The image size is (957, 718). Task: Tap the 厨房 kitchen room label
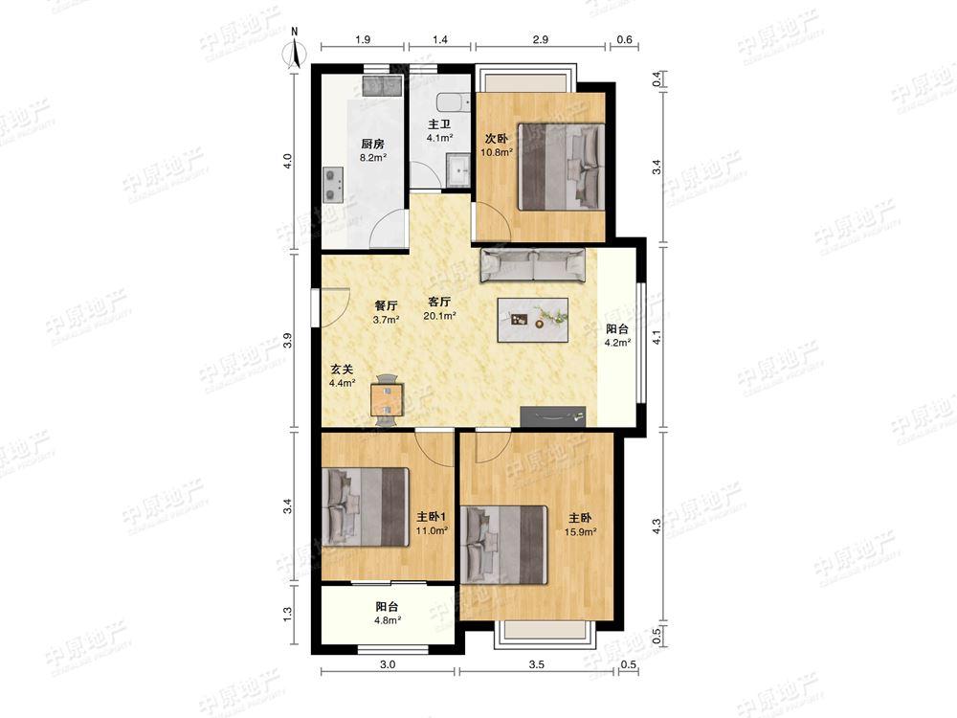point(372,145)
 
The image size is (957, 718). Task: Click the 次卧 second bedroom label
point(496,139)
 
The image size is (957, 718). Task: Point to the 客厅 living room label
point(439,302)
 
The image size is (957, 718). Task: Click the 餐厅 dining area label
point(386,305)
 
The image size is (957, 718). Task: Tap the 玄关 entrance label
point(342,370)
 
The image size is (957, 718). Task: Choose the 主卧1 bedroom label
point(433,517)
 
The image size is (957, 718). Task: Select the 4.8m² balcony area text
point(388,620)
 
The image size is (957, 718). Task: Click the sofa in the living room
point(533,265)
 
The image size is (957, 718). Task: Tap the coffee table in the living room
point(533,320)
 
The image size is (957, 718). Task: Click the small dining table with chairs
point(387,399)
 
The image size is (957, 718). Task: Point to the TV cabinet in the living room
point(553,416)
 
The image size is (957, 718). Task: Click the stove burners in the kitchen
point(332,185)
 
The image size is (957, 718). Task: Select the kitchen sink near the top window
point(383,86)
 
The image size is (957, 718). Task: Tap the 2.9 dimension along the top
point(540,39)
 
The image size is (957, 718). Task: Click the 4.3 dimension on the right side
point(657,527)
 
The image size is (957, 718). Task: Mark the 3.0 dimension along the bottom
point(388,665)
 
